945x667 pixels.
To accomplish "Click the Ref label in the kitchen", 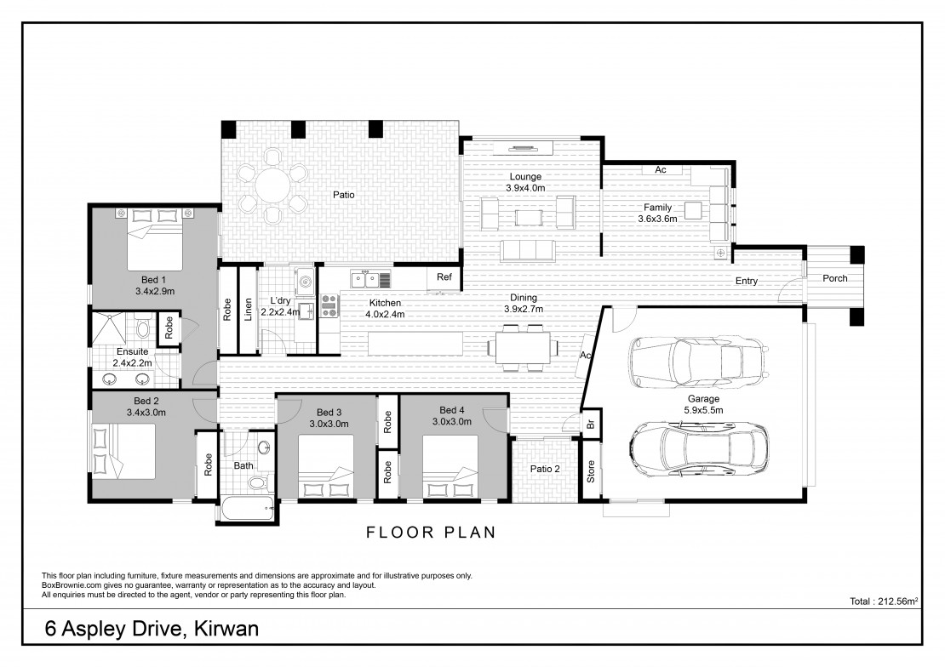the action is [444, 277].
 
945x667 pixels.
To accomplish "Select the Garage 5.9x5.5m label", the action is [703, 404].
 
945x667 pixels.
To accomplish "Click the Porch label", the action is [834, 278].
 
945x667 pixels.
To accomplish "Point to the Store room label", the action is [591, 471].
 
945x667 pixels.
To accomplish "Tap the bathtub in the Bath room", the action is [247, 510].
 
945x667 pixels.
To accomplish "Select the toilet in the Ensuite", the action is [143, 328].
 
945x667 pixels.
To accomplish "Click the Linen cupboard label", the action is [248, 310].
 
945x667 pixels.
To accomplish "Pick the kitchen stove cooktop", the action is [329, 305].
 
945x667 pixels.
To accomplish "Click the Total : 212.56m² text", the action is [884, 601].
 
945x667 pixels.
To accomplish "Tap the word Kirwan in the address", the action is [226, 629].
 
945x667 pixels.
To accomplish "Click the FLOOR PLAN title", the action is [431, 533].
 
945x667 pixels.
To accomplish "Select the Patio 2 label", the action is [545, 469].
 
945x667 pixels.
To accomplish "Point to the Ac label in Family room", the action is [661, 170].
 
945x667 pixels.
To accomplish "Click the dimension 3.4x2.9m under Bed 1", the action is [155, 291].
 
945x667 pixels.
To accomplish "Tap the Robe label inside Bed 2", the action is [208, 465].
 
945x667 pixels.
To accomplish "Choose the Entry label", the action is [746, 281].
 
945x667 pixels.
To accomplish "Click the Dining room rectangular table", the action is [523, 348].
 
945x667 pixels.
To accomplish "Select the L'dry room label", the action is [280, 300].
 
